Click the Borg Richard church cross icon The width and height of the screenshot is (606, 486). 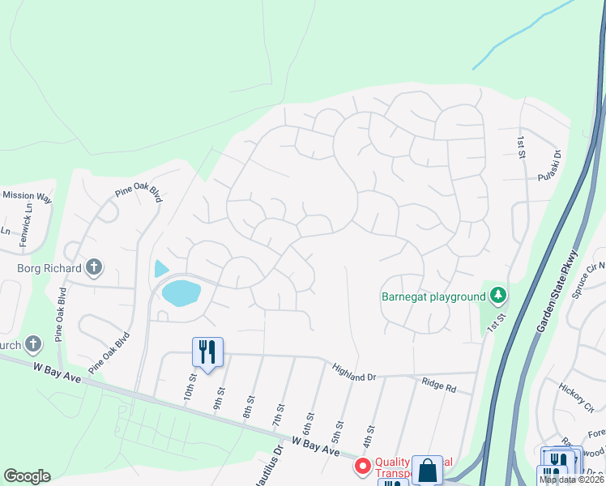click(94, 267)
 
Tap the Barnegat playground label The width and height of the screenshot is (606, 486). click(433, 296)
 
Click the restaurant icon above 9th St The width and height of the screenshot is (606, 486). click(207, 352)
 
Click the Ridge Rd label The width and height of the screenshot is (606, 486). click(438, 385)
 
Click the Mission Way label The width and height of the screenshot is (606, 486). click(27, 196)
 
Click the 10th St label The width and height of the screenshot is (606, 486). click(192, 385)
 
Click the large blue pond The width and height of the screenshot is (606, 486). click(181, 292)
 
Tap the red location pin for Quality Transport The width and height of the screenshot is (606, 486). click(362, 467)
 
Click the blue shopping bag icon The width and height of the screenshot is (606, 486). click(427, 471)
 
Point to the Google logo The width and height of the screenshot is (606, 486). click(27, 476)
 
